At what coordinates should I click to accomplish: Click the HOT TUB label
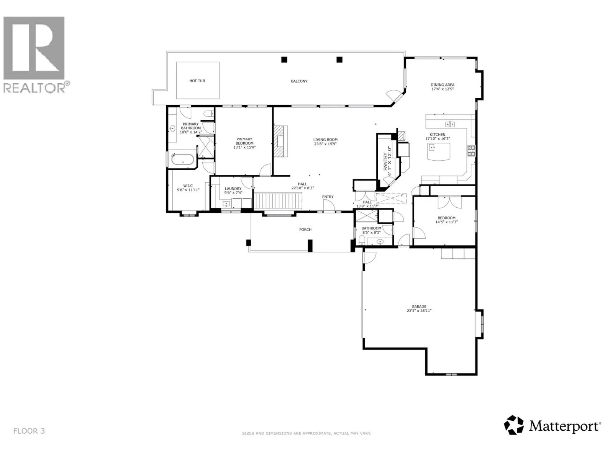[x=197, y=81]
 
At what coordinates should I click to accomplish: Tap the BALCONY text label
[x=299, y=81]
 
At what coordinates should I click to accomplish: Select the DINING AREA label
[x=443, y=85]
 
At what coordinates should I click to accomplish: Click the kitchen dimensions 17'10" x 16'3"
[x=438, y=138]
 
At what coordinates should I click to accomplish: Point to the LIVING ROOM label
[x=325, y=140]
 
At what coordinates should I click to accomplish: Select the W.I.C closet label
[x=188, y=186]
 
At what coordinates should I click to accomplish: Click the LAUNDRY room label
[x=233, y=189]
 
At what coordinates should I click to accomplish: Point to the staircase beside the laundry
[x=278, y=202]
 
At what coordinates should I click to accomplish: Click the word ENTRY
[x=328, y=197]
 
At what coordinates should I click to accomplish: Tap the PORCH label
[x=305, y=229]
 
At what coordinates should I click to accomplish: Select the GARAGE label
[x=419, y=306]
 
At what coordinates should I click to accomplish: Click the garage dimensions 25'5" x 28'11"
[x=419, y=311]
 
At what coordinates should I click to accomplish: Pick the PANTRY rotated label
[x=385, y=162]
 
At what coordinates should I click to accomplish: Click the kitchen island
[x=439, y=151]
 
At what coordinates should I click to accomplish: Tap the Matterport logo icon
[x=514, y=433]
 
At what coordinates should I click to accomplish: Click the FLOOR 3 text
[x=29, y=431]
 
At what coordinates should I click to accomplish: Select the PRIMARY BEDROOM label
[x=244, y=141]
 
